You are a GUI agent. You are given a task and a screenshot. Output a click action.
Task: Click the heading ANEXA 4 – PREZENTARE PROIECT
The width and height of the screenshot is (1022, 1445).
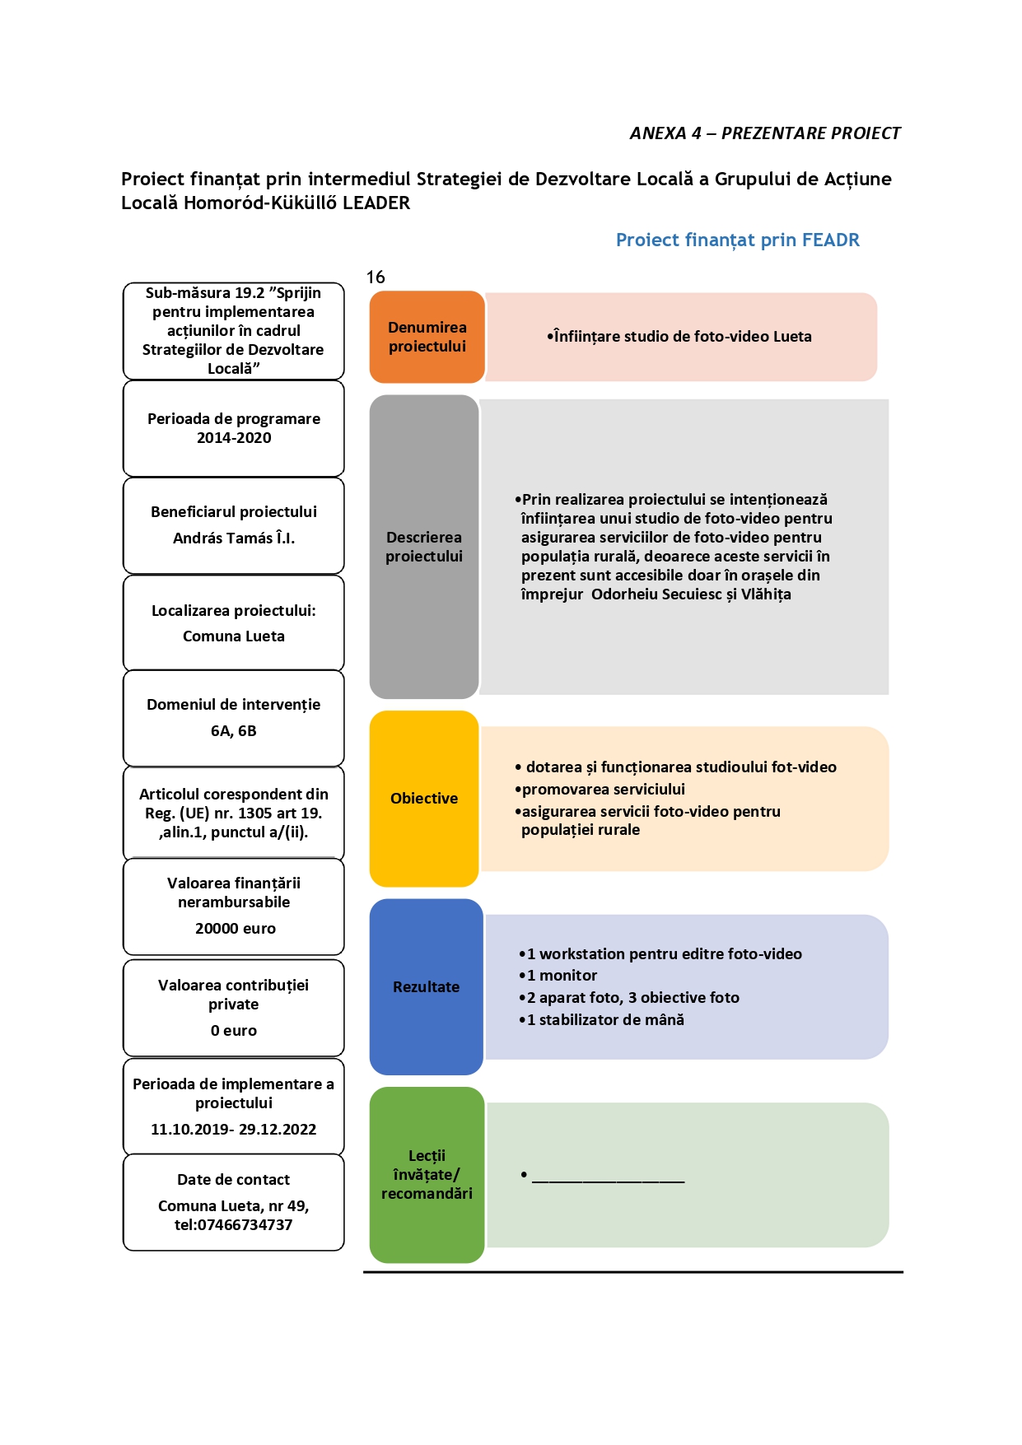pyautogui.click(x=765, y=133)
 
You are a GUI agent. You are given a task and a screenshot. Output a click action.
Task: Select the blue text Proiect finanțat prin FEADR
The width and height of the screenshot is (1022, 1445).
pyautogui.click(x=738, y=240)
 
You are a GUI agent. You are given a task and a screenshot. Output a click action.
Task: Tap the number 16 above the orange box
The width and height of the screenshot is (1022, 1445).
pyautogui.click(x=376, y=277)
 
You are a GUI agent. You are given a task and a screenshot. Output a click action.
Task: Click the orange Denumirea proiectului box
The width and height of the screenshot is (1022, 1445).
pyautogui.click(x=427, y=337)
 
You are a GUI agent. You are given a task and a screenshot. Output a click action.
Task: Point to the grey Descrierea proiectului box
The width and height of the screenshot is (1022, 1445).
pyautogui.click(x=424, y=547)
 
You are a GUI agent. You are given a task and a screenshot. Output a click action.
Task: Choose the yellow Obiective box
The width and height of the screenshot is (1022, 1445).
pyautogui.click(x=424, y=799)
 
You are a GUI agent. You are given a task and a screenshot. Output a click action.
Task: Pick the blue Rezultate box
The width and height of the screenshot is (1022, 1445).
pyautogui.click(x=426, y=986)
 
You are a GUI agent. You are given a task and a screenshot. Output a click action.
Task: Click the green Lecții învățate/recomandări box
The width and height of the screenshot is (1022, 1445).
pyautogui.click(x=427, y=1175)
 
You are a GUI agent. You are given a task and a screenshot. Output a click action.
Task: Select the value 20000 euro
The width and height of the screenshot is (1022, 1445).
pyautogui.click(x=236, y=929)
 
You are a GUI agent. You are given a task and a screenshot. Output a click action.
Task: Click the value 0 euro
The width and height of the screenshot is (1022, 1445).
pyautogui.click(x=234, y=1031)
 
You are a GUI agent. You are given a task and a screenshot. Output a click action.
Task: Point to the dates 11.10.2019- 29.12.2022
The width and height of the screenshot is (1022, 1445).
pyautogui.click(x=234, y=1130)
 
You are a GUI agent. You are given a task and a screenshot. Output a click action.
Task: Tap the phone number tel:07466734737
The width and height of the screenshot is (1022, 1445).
pyautogui.click(x=234, y=1225)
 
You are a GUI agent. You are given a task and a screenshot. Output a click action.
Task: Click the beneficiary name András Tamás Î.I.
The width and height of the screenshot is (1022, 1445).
pyautogui.click(x=234, y=538)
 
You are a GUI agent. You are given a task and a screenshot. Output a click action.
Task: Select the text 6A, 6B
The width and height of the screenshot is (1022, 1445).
pyautogui.click(x=234, y=731)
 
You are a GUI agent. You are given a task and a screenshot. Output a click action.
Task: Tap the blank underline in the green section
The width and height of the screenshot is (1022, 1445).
pyautogui.click(x=608, y=1182)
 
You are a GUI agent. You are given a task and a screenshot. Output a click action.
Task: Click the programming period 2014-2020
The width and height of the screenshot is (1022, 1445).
pyautogui.click(x=234, y=438)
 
